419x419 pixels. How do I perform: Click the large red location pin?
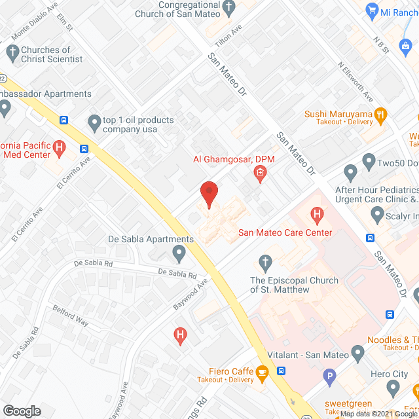[208, 194]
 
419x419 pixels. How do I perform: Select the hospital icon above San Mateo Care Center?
[318, 213]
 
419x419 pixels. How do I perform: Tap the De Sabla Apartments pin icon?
[178, 252]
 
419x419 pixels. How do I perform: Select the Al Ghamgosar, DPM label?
[225, 159]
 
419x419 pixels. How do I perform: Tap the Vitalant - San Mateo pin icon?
[357, 354]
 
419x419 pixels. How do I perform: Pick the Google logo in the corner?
[22, 411]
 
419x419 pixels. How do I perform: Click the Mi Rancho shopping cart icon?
[372, 10]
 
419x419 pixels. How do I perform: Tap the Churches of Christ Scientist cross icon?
[12, 51]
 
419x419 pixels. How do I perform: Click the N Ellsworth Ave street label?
[356, 81]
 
